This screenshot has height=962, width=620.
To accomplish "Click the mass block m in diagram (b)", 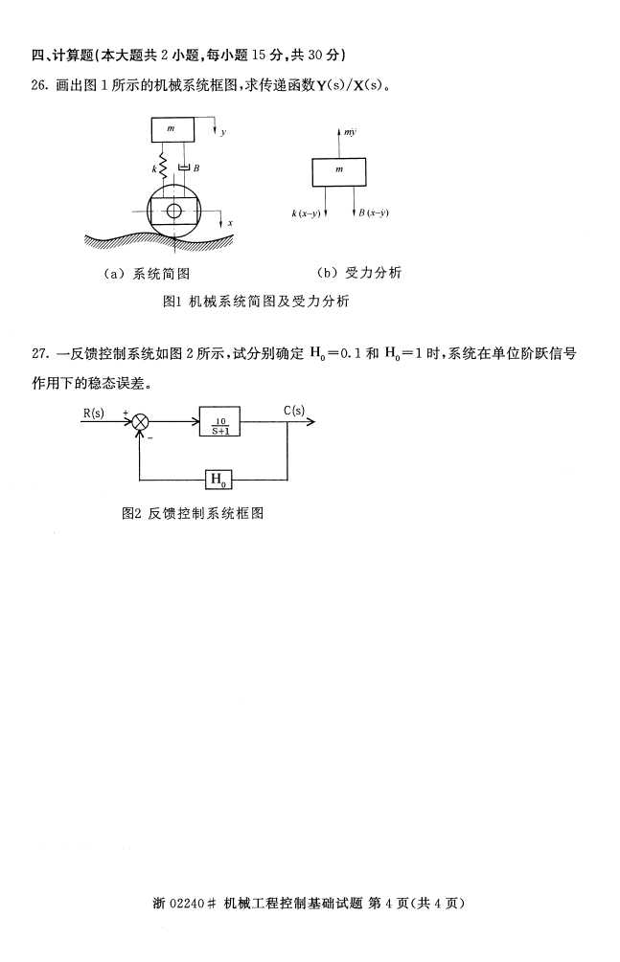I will click(339, 170).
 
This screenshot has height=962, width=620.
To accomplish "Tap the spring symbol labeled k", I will click(164, 169).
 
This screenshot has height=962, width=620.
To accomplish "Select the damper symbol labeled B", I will click(184, 168).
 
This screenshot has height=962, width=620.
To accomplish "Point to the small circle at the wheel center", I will click(173, 211).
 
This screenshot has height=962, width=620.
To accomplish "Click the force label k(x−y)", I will click(306, 213).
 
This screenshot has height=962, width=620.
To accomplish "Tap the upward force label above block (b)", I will click(349, 133).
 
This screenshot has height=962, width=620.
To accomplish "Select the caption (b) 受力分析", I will click(359, 273).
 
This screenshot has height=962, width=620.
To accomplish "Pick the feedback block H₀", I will click(220, 478).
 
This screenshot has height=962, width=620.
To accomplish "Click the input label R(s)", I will click(94, 413).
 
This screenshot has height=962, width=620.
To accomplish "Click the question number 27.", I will click(39, 353).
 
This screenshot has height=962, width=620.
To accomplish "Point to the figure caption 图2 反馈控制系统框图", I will click(193, 513).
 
